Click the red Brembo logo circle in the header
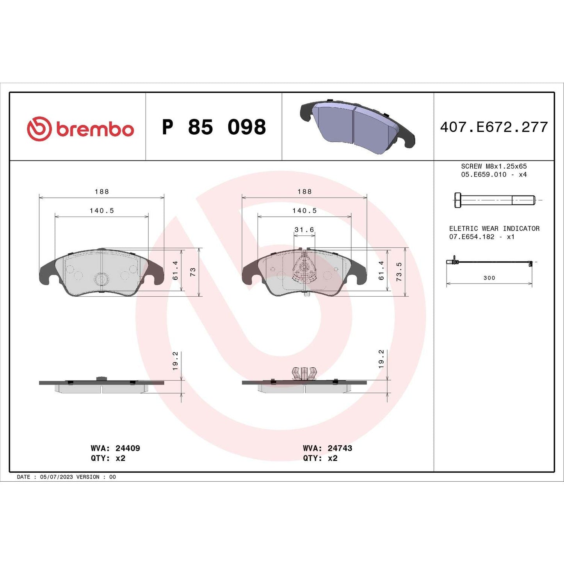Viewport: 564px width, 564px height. (39, 128)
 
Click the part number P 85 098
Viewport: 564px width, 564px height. (214, 127)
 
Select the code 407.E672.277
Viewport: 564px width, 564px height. (494, 127)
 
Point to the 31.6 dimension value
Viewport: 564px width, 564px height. (304, 230)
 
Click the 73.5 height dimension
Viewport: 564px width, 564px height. (399, 272)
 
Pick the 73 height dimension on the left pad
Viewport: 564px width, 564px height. (192, 272)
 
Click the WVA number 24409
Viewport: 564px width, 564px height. (128, 448)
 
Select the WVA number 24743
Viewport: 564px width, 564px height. (340, 448)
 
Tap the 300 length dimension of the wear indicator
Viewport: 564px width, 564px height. (489, 278)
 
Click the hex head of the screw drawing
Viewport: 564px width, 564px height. (457, 200)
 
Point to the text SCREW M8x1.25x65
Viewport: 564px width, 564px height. (494, 166)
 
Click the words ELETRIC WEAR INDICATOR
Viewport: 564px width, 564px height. (494, 229)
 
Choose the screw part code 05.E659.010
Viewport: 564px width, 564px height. (484, 174)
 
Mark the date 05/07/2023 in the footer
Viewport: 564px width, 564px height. (56, 477)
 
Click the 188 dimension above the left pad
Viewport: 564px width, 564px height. (101, 192)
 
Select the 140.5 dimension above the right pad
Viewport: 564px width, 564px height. (304, 211)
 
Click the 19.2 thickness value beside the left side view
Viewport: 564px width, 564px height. (175, 361)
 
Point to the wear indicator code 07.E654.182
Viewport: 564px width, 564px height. (472, 237)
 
